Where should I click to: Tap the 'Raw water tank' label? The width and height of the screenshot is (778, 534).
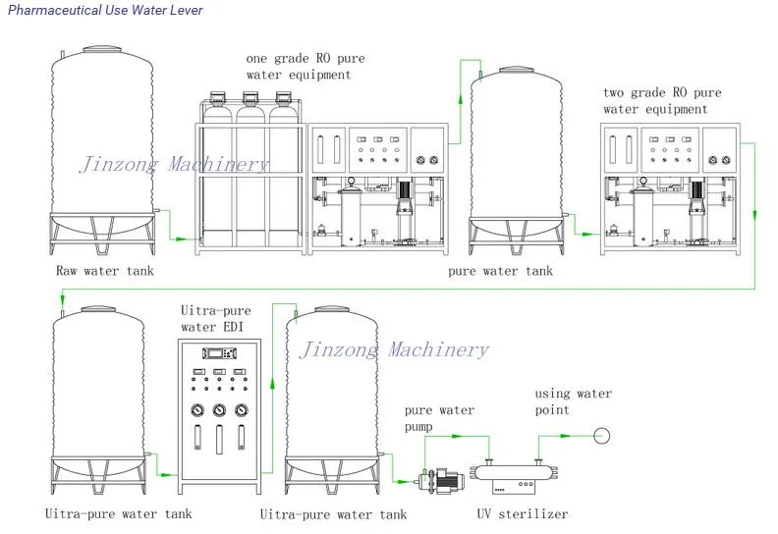(103, 271)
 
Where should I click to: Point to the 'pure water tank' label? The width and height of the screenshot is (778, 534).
(500, 271)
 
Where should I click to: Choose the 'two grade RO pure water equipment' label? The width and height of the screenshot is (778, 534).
(662, 100)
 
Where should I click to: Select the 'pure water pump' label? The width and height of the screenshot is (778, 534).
(439, 419)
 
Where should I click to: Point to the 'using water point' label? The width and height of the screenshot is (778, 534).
(573, 401)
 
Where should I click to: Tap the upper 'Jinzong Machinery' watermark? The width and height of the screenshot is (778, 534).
(173, 165)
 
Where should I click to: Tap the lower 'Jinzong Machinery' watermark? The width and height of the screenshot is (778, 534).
(393, 350)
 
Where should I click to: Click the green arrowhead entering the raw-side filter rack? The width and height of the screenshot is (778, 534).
(195, 240)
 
